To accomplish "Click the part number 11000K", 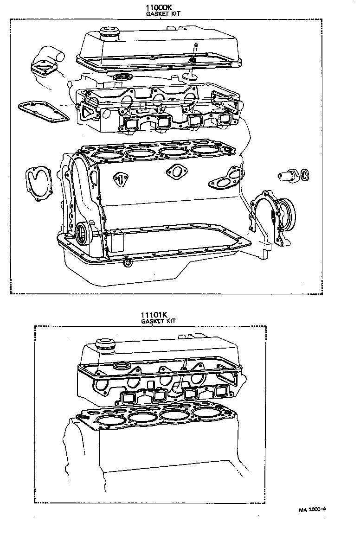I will (161, 8).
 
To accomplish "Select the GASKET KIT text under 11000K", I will (161, 14).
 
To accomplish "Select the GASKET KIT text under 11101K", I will (159, 321).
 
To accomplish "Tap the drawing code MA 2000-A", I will (312, 509).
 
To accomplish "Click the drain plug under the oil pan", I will (127, 263).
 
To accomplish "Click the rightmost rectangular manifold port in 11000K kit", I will (225, 119).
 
